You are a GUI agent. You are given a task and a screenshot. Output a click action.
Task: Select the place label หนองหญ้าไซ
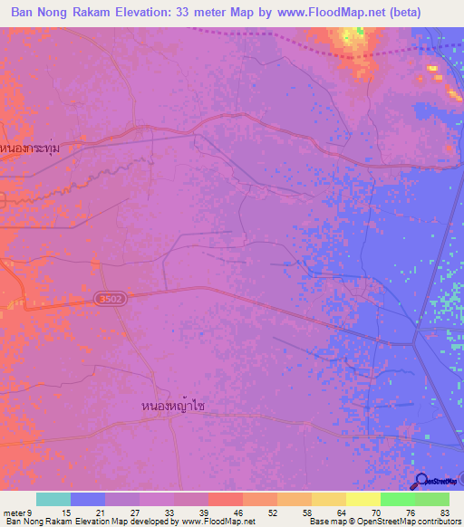point(173,406)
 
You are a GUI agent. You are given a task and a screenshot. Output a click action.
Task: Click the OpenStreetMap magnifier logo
point(420,481)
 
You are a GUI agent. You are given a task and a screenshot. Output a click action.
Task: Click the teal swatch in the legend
point(53,499)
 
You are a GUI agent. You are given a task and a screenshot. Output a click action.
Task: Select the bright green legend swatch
point(397,499)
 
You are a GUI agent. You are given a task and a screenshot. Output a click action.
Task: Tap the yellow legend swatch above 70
point(362,499)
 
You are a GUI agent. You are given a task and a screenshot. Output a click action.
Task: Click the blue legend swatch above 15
point(88,499)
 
